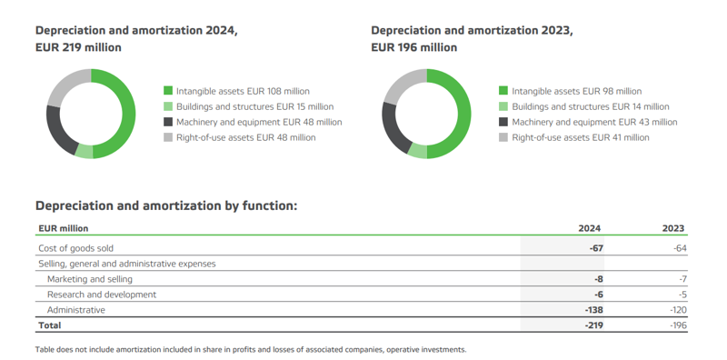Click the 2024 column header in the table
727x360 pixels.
tap(590, 229)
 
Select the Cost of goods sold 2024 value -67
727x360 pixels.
tap(595, 248)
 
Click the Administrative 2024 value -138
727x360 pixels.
tap(593, 310)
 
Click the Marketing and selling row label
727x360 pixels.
tap(89, 279)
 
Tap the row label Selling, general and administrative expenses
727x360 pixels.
tap(127, 264)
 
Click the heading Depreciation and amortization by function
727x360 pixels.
tap(165, 205)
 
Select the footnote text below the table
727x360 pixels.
tap(250, 349)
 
